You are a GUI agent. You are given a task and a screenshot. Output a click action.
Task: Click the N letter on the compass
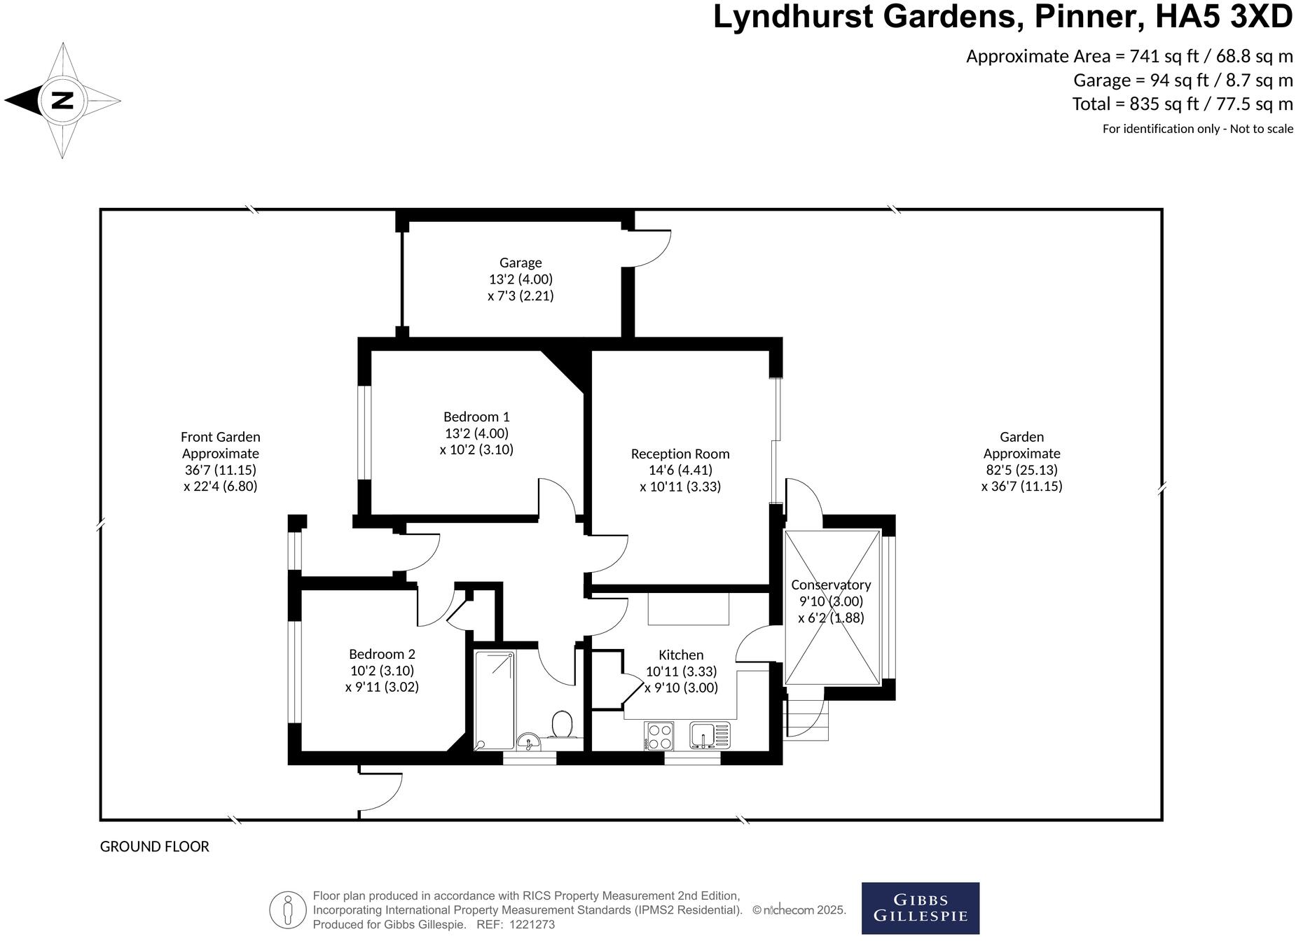(x=63, y=101)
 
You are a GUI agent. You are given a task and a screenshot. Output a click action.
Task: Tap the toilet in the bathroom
(x=563, y=725)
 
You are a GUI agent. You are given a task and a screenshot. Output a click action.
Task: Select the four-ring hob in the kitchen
(x=659, y=736)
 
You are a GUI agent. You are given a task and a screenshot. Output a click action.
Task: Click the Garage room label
(x=521, y=263)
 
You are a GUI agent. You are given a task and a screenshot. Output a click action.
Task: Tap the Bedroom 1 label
(x=476, y=417)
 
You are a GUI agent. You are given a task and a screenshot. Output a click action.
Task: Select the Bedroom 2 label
(x=382, y=654)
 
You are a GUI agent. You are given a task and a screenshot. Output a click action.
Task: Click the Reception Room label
(x=680, y=454)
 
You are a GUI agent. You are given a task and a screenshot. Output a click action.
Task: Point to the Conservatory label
(x=831, y=585)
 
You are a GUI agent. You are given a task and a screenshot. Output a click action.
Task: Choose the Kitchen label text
(x=681, y=655)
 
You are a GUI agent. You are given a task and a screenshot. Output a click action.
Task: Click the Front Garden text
(x=220, y=437)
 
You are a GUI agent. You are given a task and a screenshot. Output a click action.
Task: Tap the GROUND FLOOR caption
(x=155, y=846)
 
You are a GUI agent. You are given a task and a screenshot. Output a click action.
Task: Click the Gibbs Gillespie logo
(x=920, y=908)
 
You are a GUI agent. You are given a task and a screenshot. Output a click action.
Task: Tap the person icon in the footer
(x=288, y=910)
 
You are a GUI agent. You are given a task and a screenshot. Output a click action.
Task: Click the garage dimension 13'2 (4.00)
(x=521, y=279)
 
